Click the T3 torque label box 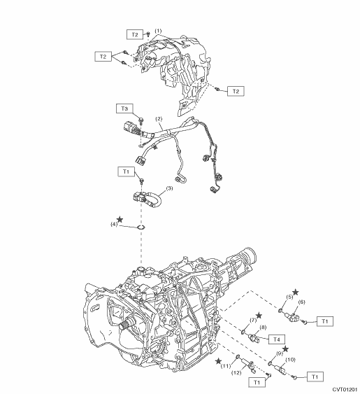tap(124, 108)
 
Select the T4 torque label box tap(276, 339)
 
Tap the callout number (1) tap(158, 31)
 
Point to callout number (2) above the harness tap(159, 118)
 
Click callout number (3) tap(169, 188)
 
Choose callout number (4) tap(114, 224)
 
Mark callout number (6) tap(301, 302)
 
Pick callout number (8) tap(263, 327)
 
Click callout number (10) tap(290, 360)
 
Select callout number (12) tap(236, 372)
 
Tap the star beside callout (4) tap(120, 219)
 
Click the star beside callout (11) tap(219, 361)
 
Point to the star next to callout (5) tap(296, 292)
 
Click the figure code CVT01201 tap(345, 390)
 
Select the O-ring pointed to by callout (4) tap(141, 227)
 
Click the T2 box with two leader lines tap(103, 56)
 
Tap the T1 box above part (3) tap(126, 171)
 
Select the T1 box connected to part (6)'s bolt tap(325, 321)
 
